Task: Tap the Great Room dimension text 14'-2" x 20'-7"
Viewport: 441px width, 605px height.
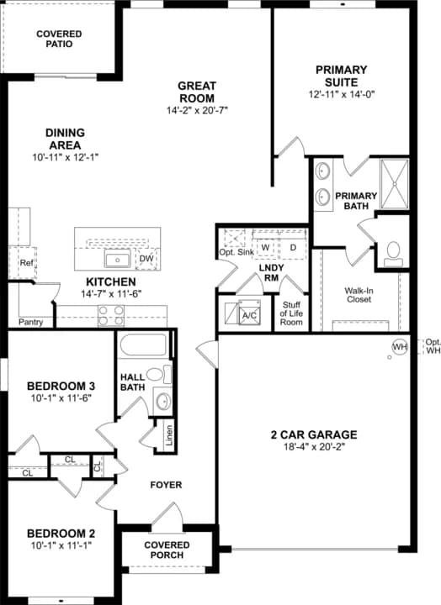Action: click(197, 110)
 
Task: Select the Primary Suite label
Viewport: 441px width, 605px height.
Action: click(340, 76)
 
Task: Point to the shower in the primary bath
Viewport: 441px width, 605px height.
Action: click(392, 183)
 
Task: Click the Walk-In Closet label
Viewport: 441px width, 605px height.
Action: click(359, 294)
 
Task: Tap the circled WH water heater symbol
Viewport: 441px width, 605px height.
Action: click(399, 346)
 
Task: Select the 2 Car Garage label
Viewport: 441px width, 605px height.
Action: click(313, 434)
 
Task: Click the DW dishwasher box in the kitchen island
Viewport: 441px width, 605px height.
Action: click(146, 258)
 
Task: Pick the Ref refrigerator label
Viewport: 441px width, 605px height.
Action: click(26, 263)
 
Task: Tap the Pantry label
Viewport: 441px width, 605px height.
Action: click(30, 322)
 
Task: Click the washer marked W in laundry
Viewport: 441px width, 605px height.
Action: click(264, 248)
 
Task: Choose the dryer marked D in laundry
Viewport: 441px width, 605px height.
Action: click(293, 248)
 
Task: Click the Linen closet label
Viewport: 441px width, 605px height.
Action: click(168, 438)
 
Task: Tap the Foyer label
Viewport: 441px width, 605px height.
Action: click(166, 485)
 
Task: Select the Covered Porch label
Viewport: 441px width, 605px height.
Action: click(167, 550)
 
